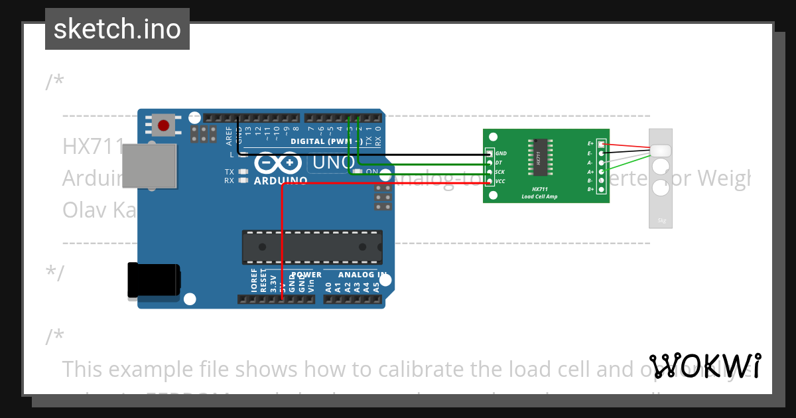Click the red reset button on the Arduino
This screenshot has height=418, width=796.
point(163,124)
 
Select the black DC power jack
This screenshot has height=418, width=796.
point(153,281)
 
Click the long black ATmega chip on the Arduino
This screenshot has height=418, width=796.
point(312,246)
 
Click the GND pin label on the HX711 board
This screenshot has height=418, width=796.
point(501,153)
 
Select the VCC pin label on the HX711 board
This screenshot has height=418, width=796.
point(501,181)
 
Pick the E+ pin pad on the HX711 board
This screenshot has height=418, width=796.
point(601,144)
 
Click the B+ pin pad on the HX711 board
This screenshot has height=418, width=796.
point(601,190)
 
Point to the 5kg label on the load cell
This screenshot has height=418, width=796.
point(661,221)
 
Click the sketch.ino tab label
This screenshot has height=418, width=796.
point(117,29)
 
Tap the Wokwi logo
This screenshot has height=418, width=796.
point(705,366)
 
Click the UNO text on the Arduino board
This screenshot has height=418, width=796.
point(333,162)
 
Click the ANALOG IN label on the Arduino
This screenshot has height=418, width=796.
point(362,275)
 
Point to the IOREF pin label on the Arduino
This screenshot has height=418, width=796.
point(254,281)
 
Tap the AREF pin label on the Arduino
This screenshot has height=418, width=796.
point(230,135)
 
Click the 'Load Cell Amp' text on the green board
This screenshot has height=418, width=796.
point(539,196)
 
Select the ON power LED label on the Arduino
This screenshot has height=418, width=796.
point(372,172)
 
